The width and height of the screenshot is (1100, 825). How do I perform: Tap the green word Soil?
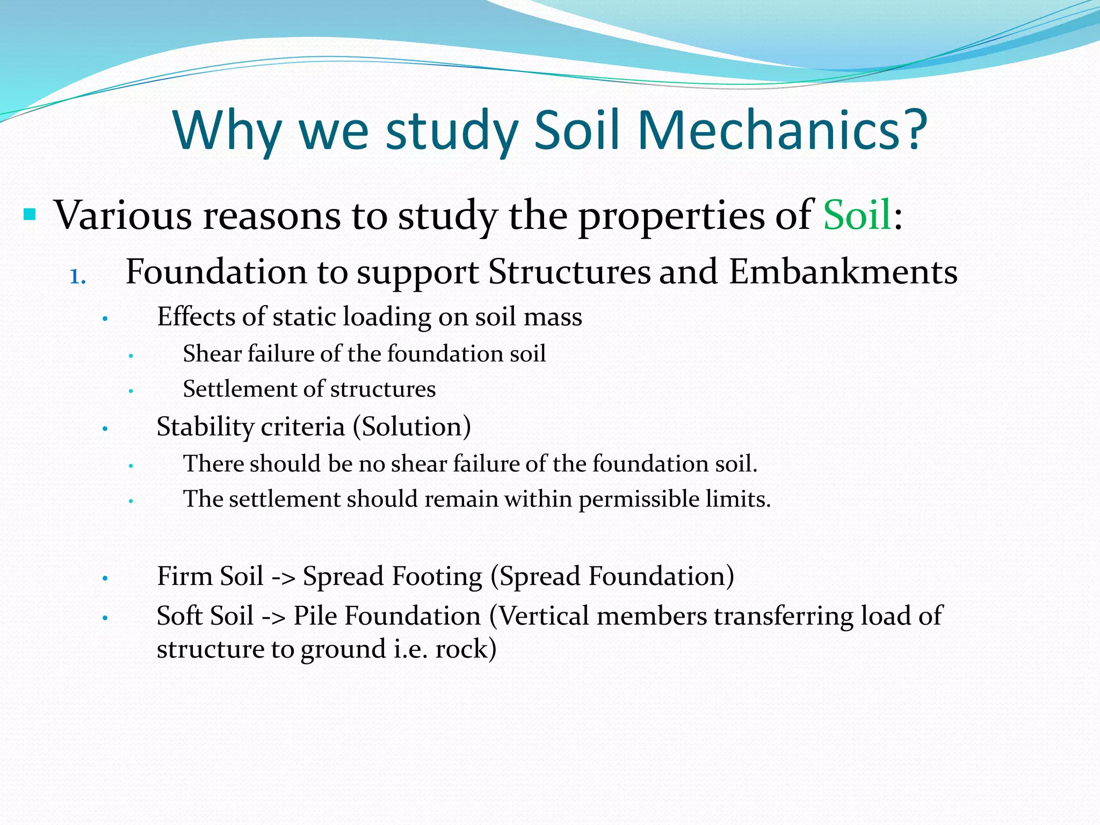point(857,215)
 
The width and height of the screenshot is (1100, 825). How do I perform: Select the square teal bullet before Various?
point(30,215)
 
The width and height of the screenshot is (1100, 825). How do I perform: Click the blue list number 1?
point(77,277)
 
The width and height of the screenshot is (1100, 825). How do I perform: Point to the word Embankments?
point(843,272)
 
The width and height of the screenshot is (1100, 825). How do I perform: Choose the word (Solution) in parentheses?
point(412,427)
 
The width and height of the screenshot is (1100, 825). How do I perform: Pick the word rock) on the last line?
point(466,649)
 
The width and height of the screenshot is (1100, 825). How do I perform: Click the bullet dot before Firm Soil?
point(106,579)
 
